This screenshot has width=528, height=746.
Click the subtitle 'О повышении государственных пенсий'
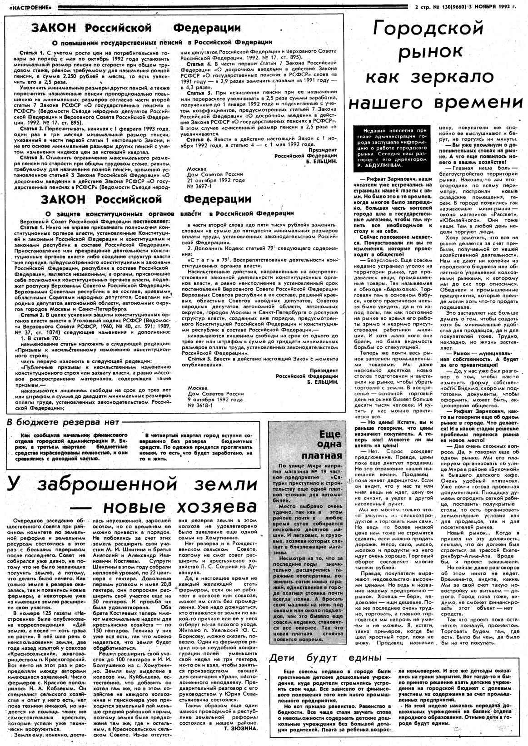pos(118,42)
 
